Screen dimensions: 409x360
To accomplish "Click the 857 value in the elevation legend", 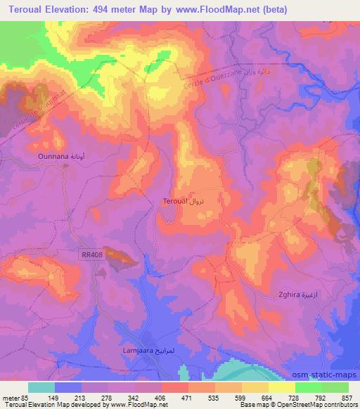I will (x=345, y=398).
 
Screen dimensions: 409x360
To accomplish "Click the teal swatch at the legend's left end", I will (x=41, y=387).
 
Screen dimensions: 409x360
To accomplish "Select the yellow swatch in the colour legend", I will (x=281, y=387).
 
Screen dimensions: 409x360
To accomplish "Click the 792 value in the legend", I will (x=322, y=398).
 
